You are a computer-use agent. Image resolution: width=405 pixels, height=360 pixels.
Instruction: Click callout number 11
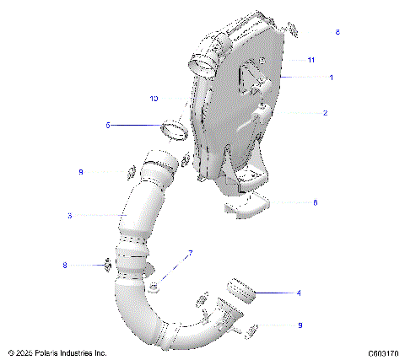[x=311, y=61]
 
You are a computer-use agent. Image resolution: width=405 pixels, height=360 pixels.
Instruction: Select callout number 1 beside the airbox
[x=331, y=78]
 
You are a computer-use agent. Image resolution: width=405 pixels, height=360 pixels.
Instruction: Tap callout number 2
[x=326, y=112]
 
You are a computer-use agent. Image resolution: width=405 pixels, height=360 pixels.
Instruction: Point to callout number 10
[x=154, y=99]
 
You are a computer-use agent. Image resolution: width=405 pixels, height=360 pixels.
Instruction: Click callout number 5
[x=107, y=125]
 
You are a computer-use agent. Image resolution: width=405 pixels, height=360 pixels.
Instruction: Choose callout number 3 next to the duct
[x=69, y=216]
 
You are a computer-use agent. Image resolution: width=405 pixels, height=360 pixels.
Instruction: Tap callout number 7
[x=190, y=252]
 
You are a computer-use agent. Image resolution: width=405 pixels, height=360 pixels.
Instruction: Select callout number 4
[x=298, y=293]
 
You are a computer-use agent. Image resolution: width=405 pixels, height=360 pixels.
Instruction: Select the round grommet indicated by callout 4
[x=240, y=292]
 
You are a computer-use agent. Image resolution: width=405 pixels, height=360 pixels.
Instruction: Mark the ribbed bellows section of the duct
[x=132, y=257]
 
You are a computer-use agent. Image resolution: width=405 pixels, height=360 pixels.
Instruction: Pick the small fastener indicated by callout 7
[x=154, y=288]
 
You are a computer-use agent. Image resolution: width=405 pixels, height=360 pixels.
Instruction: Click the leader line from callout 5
[x=135, y=125]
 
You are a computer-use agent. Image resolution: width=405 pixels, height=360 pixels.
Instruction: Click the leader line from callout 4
[x=274, y=293]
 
